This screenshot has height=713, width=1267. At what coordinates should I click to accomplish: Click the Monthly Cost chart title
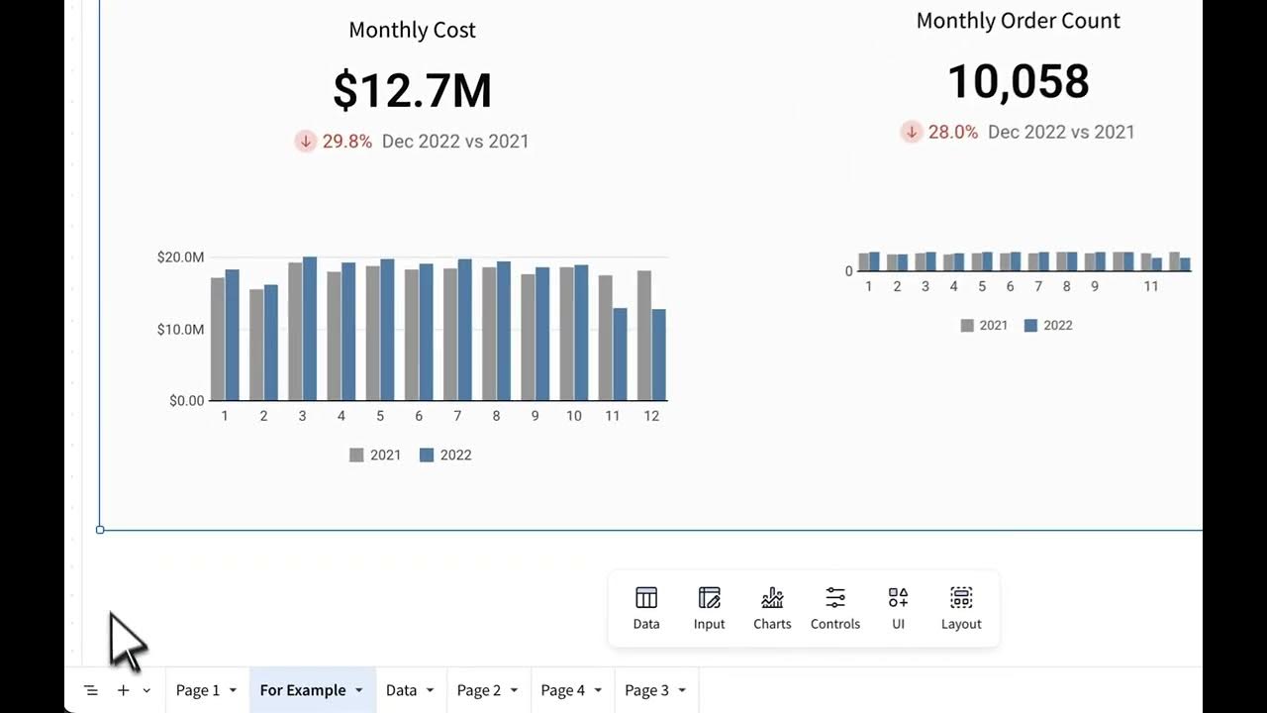tap(412, 30)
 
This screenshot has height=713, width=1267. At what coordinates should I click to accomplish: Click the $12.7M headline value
tap(412, 90)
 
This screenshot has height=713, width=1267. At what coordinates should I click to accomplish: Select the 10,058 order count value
tap(1018, 81)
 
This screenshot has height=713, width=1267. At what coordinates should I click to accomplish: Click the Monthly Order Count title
tap(1018, 21)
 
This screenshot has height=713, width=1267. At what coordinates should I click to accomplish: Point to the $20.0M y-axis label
tap(180, 257)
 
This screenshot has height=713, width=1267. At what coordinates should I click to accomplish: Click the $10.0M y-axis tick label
tap(180, 329)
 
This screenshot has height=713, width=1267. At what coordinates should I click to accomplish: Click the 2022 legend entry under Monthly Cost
tap(445, 456)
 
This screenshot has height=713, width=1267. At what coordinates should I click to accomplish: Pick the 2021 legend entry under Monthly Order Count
tap(984, 326)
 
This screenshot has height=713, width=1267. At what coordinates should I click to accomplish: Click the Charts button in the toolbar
tap(772, 607)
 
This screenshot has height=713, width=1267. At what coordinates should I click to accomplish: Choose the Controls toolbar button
tap(835, 607)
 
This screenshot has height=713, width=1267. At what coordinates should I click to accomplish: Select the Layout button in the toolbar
tap(961, 607)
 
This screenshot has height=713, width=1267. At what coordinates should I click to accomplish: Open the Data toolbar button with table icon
tap(646, 607)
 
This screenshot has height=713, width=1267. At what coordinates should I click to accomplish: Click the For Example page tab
tap(303, 690)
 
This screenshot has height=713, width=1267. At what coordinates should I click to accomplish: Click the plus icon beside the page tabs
tap(123, 690)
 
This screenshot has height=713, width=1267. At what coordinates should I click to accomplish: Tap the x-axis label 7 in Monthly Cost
tap(457, 416)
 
